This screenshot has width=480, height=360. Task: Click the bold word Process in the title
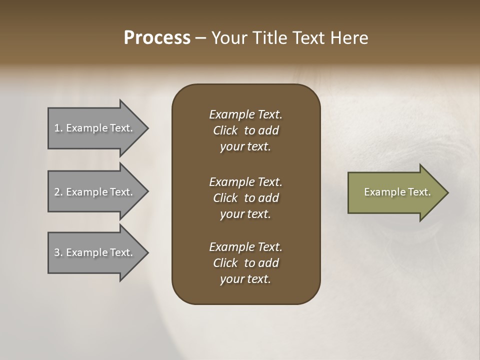[157, 38]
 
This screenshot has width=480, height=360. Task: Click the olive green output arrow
[395, 192]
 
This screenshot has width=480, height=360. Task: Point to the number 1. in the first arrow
[58, 128]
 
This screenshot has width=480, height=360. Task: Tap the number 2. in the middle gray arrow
[58, 192]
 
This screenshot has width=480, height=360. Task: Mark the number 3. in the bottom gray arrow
[58, 252]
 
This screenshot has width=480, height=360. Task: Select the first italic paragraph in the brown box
[245, 130]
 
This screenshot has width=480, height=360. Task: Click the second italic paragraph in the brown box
[245, 198]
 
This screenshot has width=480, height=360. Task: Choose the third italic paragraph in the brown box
[245, 263]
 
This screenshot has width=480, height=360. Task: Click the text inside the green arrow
[397, 192]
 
